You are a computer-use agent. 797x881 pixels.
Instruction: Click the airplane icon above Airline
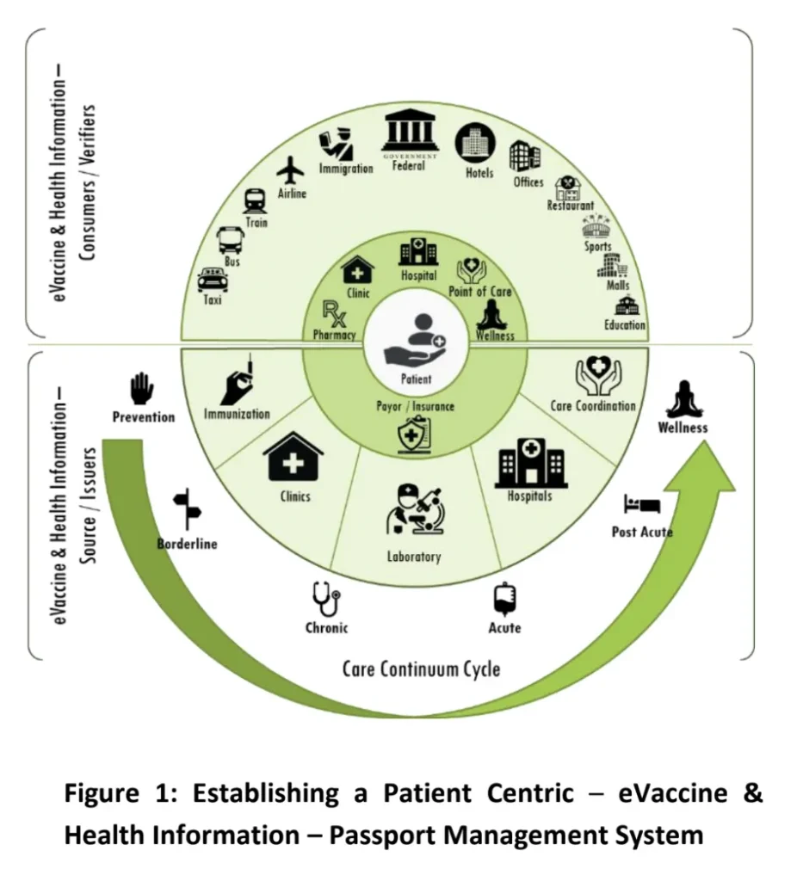290,169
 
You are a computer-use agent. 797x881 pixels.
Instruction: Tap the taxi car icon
213,279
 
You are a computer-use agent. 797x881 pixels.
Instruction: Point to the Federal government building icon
410,132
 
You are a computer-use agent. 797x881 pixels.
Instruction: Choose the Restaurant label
570,206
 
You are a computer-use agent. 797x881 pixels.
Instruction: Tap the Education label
624,324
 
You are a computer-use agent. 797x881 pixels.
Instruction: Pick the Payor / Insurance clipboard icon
416,434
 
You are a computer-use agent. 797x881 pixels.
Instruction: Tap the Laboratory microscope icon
413,513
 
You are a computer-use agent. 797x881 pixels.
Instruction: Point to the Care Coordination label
592,405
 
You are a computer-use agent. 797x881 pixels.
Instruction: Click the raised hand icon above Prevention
143,390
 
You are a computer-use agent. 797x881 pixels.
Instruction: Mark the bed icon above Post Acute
641,504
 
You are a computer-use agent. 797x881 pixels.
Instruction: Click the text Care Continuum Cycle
421,668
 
